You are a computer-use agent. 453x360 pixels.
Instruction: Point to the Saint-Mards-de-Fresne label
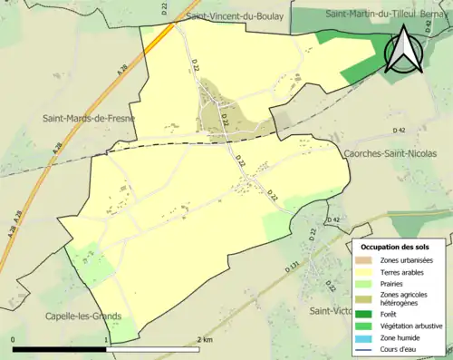pyautogui.click(x=89, y=119)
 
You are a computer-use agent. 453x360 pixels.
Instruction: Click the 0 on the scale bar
pyautogui.click(x=14, y=340)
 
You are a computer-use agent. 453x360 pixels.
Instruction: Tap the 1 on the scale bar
pyautogui.click(x=108, y=340)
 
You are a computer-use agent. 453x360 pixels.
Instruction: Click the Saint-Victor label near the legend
pyautogui.click(x=330, y=311)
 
